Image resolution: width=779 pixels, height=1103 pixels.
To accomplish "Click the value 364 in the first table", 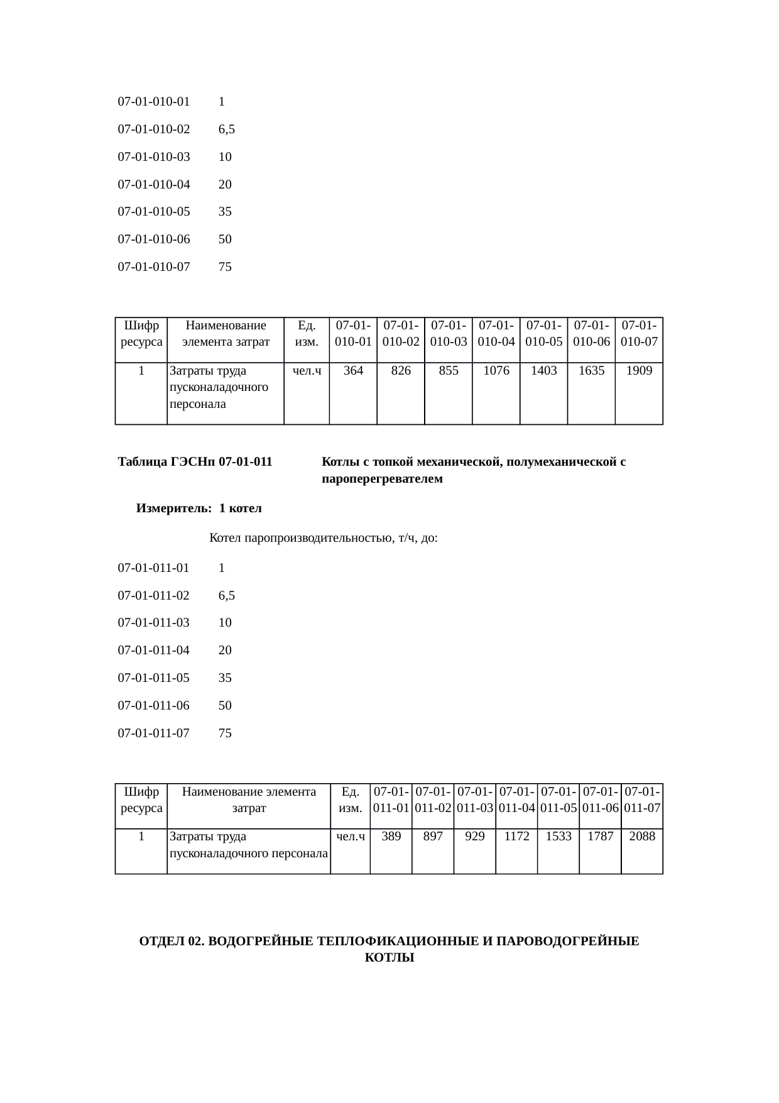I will pos(353,371).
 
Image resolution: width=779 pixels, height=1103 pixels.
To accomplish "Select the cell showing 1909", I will pos(639,371).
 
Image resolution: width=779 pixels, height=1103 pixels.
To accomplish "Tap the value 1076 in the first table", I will pos(496,371).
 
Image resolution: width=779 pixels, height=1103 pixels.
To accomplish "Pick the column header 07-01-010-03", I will pos(449,334).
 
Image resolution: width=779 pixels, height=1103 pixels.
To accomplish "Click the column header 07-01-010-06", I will pos(591,334).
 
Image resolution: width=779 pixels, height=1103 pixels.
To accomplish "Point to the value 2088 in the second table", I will pos(642,837).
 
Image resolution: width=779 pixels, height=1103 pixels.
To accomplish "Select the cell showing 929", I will pos(474,837).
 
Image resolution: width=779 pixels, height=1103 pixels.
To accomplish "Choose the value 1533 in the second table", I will pos(558,837).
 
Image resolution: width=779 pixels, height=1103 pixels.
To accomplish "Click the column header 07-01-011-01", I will pos(391,799).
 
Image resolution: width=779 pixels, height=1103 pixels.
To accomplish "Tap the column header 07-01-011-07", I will pos(642,799).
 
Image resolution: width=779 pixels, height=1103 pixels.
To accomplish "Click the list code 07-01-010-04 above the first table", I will pos(154,184).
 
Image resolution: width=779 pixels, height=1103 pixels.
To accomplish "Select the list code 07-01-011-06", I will pos(154,705).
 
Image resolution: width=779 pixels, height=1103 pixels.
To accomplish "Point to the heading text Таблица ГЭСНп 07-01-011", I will pos(195,462).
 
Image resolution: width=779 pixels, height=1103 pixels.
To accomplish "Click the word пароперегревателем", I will pos(382,479).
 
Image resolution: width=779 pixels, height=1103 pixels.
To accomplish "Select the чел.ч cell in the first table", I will pos(307,371).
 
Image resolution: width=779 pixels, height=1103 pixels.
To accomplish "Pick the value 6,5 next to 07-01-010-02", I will pos(227,129).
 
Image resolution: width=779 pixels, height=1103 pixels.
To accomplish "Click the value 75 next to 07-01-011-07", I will pos(225,733).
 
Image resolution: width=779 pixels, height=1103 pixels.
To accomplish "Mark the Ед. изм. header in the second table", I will pos(351,799).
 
